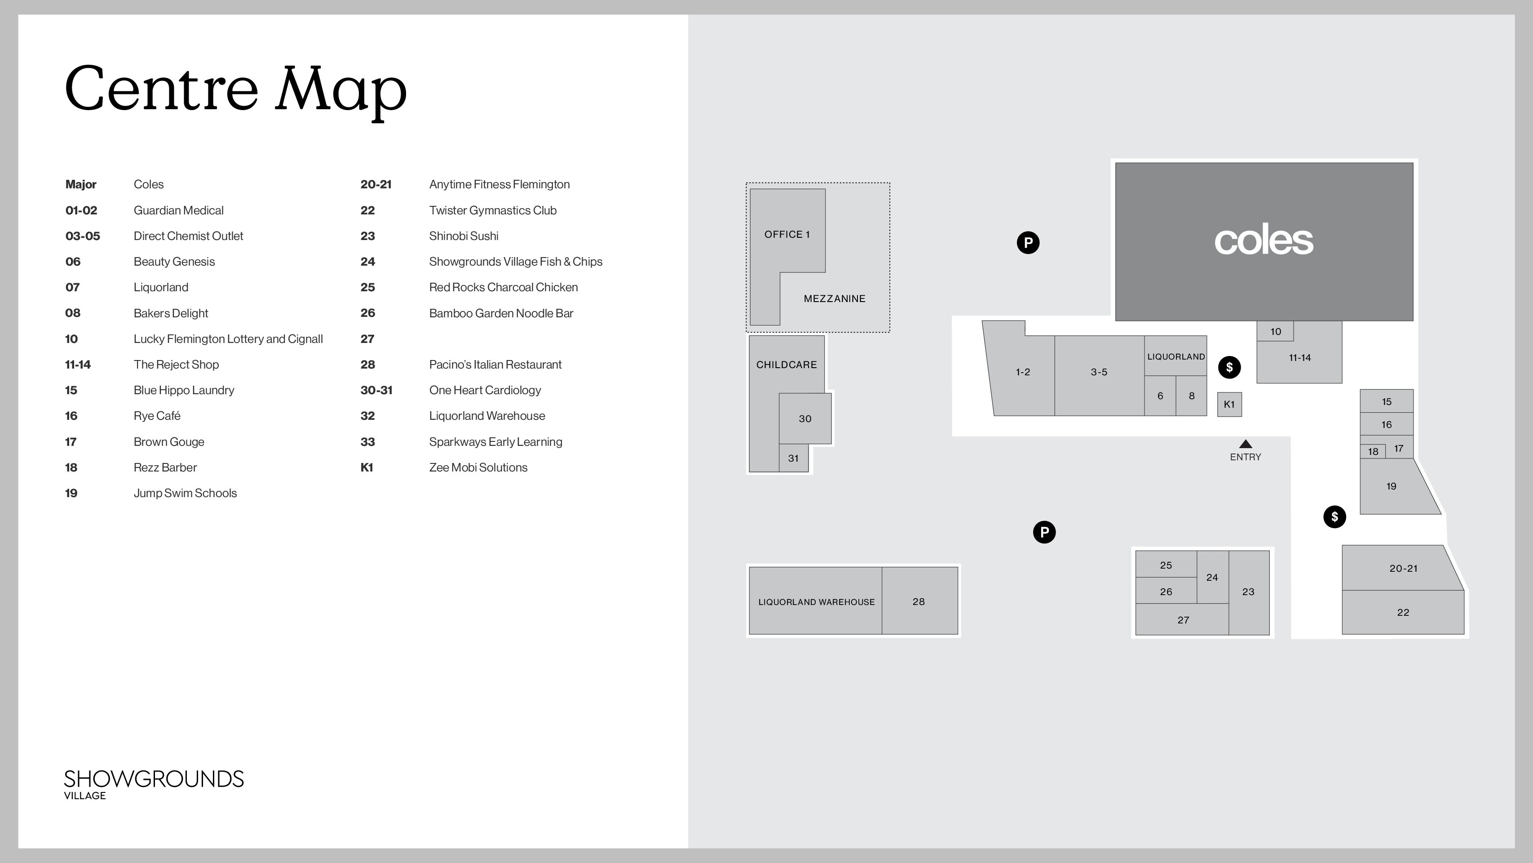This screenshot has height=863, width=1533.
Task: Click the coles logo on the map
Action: pos(1264,240)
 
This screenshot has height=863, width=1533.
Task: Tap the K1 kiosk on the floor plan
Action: pos(1229,405)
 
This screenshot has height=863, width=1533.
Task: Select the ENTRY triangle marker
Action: pos(1246,444)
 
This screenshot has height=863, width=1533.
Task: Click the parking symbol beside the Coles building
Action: pos(1028,242)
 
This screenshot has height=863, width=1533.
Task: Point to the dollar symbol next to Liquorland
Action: pos(1229,368)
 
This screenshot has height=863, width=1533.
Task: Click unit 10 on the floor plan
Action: pos(1275,331)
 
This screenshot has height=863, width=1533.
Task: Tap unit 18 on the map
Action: pos(1373,451)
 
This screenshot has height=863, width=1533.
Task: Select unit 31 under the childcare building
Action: pos(793,458)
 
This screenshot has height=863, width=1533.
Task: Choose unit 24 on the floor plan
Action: pos(1212,577)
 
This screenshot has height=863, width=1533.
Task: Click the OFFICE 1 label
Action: pos(787,235)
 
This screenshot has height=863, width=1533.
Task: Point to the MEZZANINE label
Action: pos(835,299)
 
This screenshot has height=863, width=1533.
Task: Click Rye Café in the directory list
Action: pos(157,416)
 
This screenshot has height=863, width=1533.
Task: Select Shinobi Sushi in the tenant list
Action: pos(464,236)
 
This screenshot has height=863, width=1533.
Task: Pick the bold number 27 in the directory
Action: pos(367,339)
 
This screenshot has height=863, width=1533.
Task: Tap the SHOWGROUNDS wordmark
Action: pos(154,779)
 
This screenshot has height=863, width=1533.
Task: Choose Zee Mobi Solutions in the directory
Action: pos(478,467)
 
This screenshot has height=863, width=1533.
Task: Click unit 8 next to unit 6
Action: pos(1191,396)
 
